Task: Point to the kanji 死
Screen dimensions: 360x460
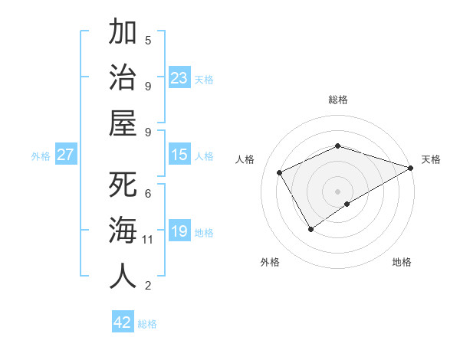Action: pos(123,185)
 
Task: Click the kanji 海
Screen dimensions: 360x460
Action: pos(123,231)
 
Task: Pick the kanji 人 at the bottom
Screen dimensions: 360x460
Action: pos(123,276)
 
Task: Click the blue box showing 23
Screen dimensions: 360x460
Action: pos(179,77)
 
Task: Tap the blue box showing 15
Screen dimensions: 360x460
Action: pos(179,155)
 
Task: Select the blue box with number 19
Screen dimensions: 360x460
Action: pos(179,231)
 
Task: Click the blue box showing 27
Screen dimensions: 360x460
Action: pos(66,155)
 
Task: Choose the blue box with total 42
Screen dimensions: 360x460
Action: pos(123,322)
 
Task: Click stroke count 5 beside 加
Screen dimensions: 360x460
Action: pos(148,40)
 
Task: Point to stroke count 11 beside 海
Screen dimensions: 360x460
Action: pos(148,240)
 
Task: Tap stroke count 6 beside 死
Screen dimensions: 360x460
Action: pos(148,193)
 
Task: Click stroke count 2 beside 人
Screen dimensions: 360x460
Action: pos(148,286)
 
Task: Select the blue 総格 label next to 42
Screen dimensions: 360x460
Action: pos(147,324)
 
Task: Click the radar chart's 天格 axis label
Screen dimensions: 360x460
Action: pos(431,159)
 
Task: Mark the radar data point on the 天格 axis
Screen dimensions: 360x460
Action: pos(411,168)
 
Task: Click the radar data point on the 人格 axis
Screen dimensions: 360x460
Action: pos(280,172)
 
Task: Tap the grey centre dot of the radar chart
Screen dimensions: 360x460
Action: pos(337,190)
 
